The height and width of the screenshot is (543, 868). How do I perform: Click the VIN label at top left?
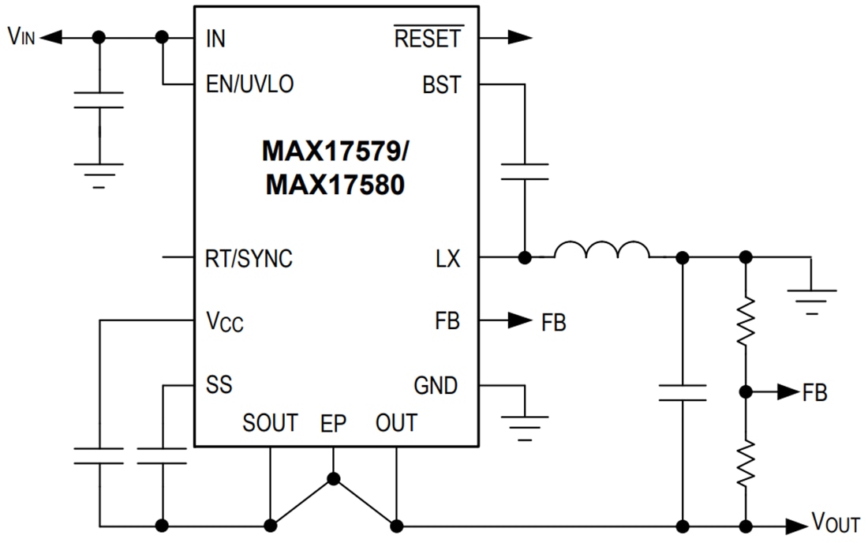pyautogui.click(x=22, y=38)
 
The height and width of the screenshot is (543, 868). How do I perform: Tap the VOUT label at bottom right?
pyautogui.click(x=836, y=523)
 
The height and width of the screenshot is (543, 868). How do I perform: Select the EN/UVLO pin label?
pyautogui.click(x=249, y=84)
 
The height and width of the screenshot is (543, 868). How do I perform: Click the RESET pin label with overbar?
pyautogui.click(x=428, y=38)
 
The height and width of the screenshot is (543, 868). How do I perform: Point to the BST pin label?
pyautogui.click(x=441, y=85)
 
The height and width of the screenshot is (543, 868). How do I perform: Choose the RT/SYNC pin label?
pyautogui.click(x=248, y=258)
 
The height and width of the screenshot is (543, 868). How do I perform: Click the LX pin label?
pyautogui.click(x=447, y=258)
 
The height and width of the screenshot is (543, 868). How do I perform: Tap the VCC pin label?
pyautogui.click(x=224, y=322)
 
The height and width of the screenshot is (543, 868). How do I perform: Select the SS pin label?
pyautogui.click(x=219, y=385)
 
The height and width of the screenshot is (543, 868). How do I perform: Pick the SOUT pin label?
pyautogui.click(x=270, y=424)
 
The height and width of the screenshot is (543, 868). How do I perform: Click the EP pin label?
pyautogui.click(x=333, y=424)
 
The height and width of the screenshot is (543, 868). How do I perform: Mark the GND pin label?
pyautogui.click(x=436, y=386)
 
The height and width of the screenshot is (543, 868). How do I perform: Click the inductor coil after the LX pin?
pyautogui.click(x=601, y=251)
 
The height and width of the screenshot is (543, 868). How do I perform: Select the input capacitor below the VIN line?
pyautogui.click(x=99, y=100)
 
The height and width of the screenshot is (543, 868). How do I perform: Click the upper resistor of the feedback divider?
pyautogui.click(x=745, y=321)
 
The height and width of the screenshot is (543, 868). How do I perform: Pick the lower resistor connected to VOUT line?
pyautogui.click(x=745, y=463)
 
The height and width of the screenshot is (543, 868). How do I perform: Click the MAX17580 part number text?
pyautogui.click(x=335, y=185)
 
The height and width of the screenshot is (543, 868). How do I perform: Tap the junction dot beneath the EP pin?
pyautogui.click(x=333, y=478)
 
